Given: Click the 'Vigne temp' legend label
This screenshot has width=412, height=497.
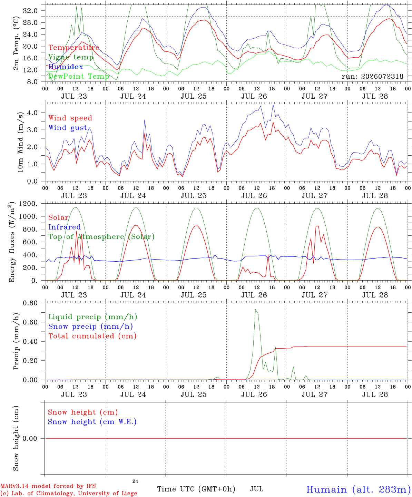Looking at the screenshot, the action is [71, 57].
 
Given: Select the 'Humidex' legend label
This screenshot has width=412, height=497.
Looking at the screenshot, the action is [66, 67].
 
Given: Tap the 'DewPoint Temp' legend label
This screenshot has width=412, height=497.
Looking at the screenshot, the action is [79, 76].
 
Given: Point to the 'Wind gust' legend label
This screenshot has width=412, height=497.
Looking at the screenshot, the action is [68, 128].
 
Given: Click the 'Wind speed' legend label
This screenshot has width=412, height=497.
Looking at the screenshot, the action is [70, 118].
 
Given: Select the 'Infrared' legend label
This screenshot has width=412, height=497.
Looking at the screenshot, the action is [65, 227].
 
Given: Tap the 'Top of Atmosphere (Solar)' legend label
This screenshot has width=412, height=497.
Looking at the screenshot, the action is [101, 237].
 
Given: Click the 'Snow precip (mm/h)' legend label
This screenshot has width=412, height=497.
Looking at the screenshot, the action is [90, 327].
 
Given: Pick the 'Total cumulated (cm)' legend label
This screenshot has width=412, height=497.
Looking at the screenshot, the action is [92, 336].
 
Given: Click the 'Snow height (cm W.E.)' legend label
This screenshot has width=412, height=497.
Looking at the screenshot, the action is [92, 422].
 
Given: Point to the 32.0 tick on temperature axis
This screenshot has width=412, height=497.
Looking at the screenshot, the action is [30, 11].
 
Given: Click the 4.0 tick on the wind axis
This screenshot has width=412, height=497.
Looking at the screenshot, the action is [32, 113].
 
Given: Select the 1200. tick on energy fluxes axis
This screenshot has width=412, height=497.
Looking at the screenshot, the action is [28, 204].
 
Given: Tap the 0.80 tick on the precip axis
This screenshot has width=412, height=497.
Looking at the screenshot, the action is [30, 303].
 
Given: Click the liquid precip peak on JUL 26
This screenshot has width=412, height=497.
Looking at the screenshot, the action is [255, 310].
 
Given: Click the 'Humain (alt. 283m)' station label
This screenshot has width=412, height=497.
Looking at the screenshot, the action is [359, 489].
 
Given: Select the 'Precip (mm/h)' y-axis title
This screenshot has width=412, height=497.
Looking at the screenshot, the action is [16, 341].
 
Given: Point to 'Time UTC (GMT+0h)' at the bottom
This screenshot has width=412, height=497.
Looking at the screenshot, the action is [196, 489].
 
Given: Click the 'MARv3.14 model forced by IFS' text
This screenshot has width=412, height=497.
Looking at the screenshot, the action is [48, 486].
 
